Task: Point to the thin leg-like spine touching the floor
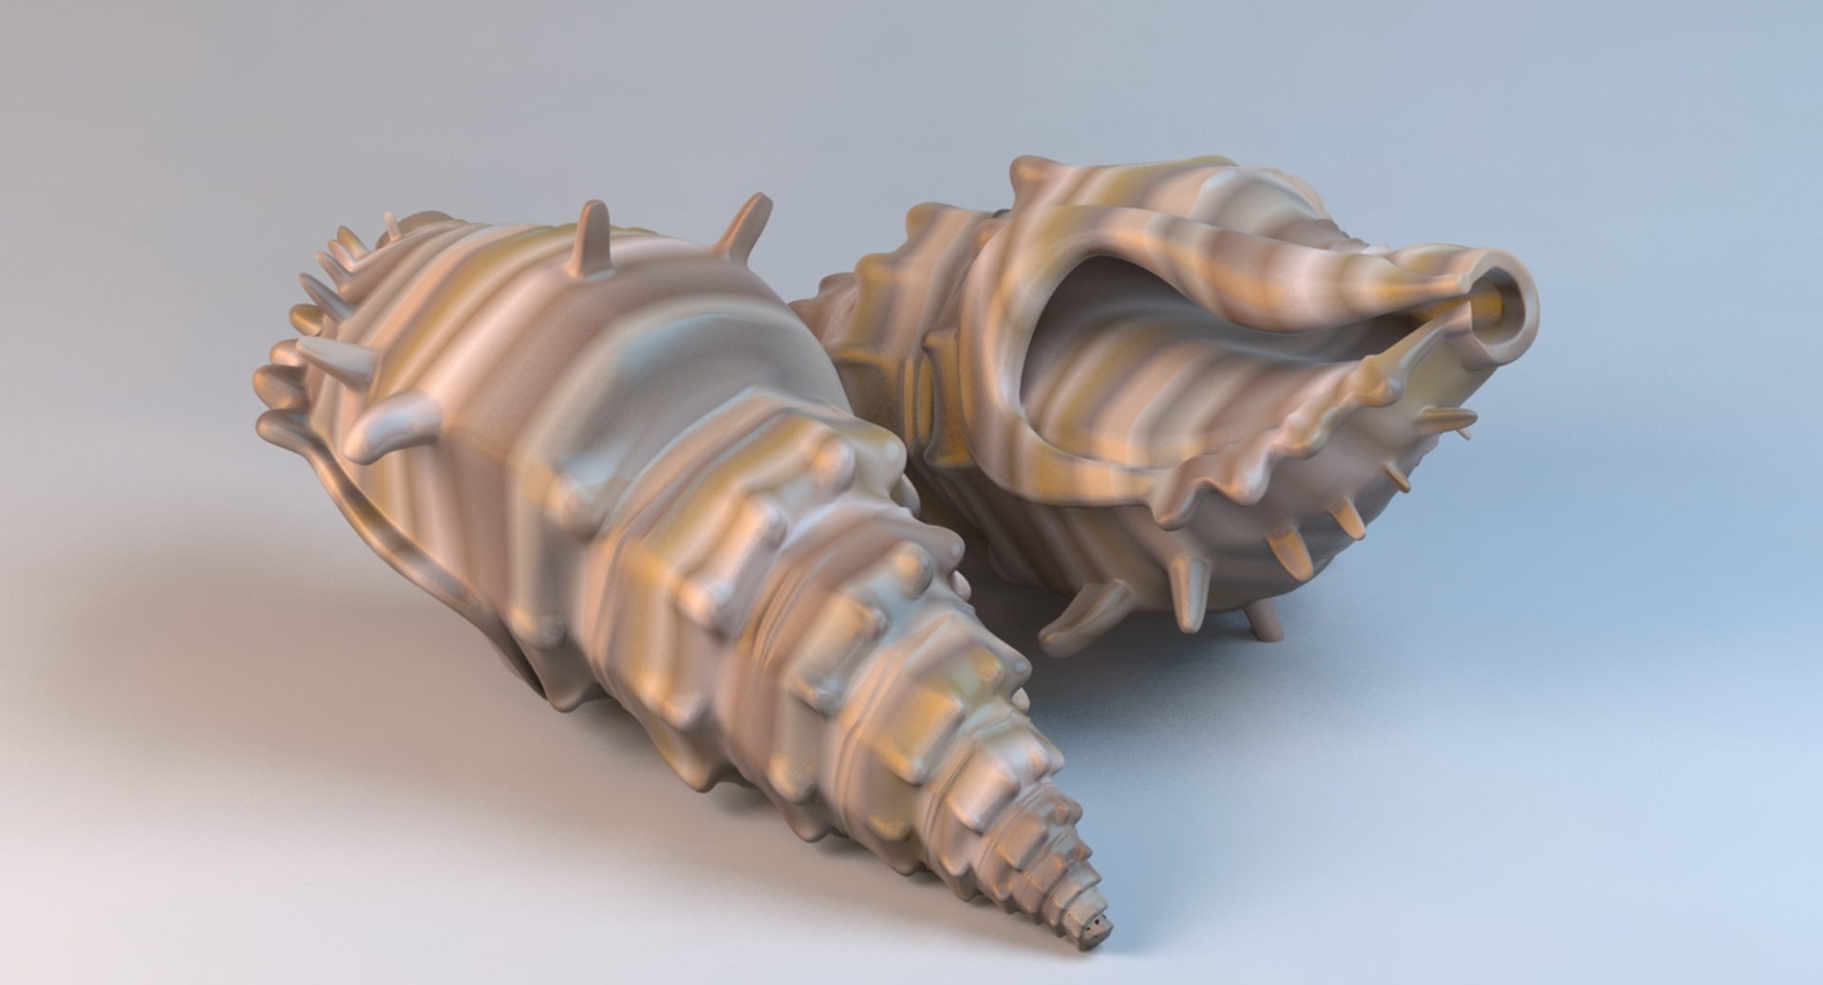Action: (1263, 622)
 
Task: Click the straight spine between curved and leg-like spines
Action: (1191, 593)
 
